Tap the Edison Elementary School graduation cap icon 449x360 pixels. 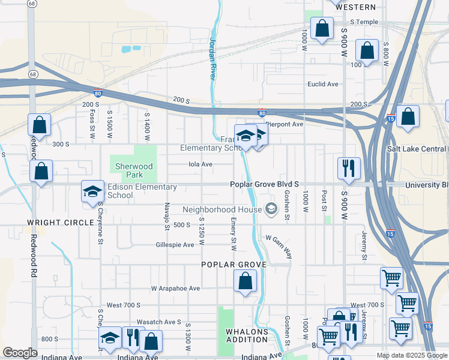[x=92, y=191]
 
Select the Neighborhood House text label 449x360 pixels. [x=222, y=209]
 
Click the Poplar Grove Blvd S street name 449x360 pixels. [x=265, y=185]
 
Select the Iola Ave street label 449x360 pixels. [x=200, y=164]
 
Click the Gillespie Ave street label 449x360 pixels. [x=175, y=245]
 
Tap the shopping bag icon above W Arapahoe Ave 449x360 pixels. [x=245, y=281]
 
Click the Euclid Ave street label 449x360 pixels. [x=323, y=85]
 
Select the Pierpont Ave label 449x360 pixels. [x=285, y=124]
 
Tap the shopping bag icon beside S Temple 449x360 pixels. [x=322, y=28]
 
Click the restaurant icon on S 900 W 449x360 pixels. [x=348, y=169]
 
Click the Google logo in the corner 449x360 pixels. [x=20, y=353]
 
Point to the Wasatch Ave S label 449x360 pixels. [x=159, y=322]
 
